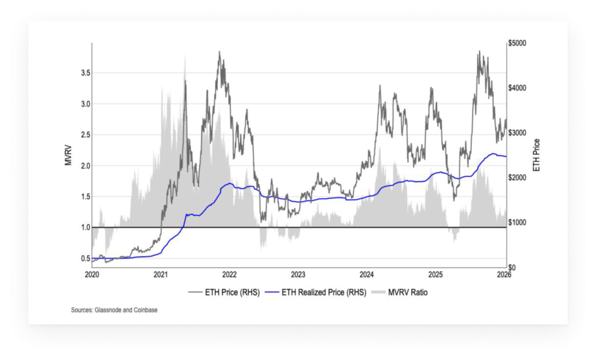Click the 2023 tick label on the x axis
(x=298, y=274)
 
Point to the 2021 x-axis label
(x=161, y=274)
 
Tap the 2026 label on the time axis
(x=504, y=274)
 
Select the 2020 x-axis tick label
(x=92, y=274)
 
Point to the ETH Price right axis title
(x=536, y=155)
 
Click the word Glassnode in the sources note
(x=110, y=310)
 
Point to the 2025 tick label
(x=435, y=274)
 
